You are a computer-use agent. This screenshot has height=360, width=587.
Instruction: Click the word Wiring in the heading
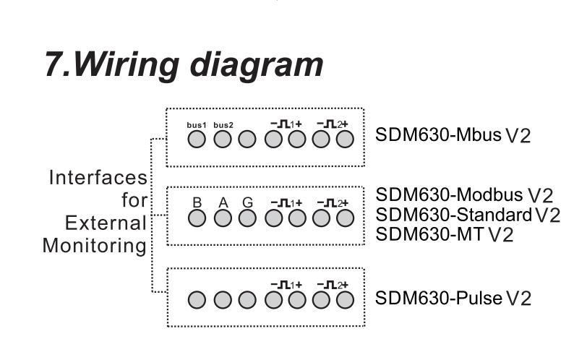click(115, 65)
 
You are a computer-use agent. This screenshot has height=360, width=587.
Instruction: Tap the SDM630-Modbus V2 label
click(464, 194)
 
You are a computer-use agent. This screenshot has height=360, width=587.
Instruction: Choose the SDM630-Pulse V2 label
click(453, 298)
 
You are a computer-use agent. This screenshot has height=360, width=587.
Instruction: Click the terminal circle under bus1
click(197, 140)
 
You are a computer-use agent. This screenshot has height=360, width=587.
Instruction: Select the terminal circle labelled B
click(197, 217)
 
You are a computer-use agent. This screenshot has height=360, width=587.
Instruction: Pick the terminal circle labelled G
click(248, 217)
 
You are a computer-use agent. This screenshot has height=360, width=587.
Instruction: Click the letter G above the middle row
click(248, 202)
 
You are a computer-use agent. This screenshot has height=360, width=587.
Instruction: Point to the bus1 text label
click(197, 125)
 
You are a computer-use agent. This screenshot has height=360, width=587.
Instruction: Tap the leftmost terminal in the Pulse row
click(197, 299)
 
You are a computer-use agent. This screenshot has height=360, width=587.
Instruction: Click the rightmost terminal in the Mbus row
click(346, 140)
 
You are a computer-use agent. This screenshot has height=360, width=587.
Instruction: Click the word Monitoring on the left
click(95, 245)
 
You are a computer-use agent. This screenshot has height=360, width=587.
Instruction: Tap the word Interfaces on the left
click(98, 178)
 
